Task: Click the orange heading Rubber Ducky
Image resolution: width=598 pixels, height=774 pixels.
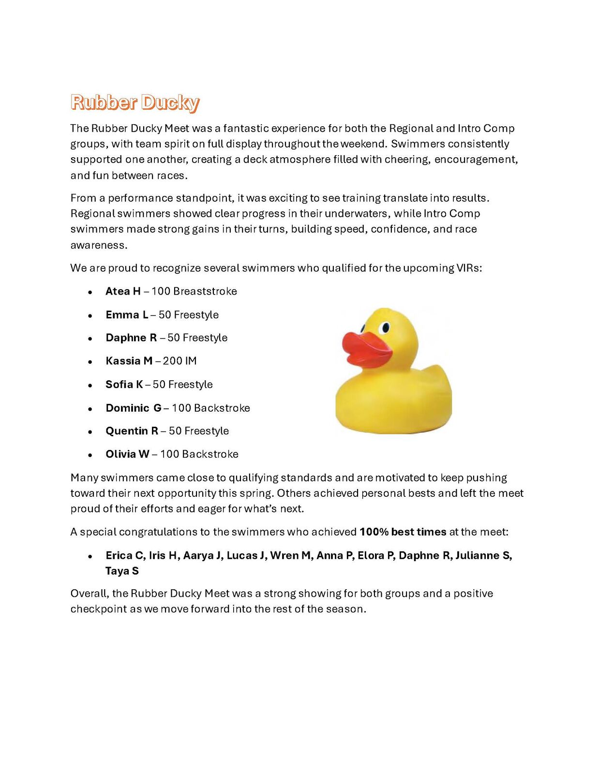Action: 135,103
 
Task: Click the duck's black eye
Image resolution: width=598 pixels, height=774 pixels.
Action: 386,328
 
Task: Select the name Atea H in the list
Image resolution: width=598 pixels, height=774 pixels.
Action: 123,291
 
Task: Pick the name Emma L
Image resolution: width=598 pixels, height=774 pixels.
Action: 127,315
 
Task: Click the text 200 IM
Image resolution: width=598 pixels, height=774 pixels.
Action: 179,361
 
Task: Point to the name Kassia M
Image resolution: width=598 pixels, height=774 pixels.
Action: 129,361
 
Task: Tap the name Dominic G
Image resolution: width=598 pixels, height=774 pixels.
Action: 134,408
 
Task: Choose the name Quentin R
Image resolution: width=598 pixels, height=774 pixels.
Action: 132,431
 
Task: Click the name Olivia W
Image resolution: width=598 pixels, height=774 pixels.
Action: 127,454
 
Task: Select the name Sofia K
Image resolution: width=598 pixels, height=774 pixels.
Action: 124,385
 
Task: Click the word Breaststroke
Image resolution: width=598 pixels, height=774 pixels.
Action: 205,291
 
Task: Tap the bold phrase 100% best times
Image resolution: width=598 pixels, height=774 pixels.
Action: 403,532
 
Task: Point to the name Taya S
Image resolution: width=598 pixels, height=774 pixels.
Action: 122,571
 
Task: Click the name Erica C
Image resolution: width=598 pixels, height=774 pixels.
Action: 125,555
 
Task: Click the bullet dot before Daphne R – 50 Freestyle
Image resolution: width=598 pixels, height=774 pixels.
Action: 90,339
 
